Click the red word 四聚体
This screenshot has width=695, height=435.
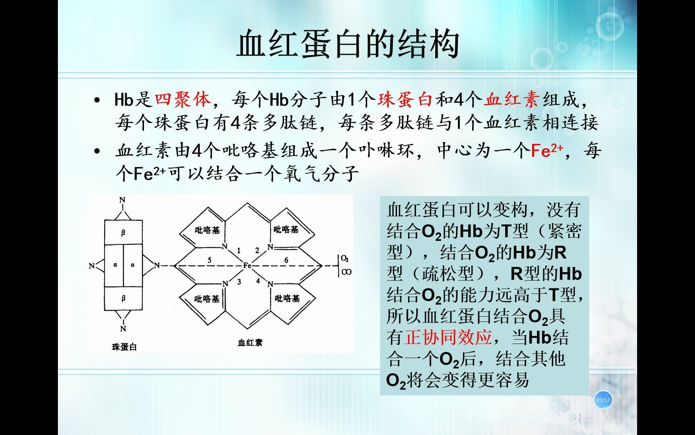tap(183, 99)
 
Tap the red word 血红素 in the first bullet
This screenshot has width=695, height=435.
tap(511, 99)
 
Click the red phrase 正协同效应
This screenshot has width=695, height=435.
tap(448, 337)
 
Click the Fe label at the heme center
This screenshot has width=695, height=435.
tap(247, 265)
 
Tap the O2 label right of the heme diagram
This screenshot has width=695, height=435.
tap(345, 258)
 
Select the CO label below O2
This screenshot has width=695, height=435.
tap(346, 272)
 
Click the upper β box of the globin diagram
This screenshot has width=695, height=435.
tap(123, 232)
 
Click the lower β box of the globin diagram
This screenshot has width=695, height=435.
tap(123, 298)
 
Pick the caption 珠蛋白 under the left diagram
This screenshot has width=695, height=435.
tap(124, 347)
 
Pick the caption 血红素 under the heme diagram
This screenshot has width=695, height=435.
tap(250, 343)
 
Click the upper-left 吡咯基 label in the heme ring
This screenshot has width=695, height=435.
tap(208, 230)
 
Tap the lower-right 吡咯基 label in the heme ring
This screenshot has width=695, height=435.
tap(287, 298)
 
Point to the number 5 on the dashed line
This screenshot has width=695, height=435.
tap(210, 260)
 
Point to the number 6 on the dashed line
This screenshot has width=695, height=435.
tap(286, 260)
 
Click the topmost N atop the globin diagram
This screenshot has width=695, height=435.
tap(123, 200)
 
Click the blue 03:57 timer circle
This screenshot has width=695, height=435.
tap(603, 400)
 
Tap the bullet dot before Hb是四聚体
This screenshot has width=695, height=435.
tap(96, 100)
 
